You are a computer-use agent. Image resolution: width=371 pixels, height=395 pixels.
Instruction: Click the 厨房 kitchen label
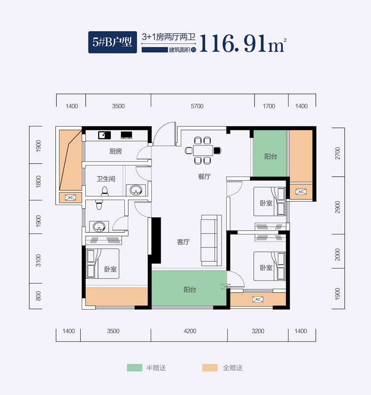(x=116, y=151)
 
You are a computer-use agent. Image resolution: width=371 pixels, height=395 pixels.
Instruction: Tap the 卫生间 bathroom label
(x=106, y=179)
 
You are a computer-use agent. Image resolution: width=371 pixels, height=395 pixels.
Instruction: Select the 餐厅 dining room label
(x=205, y=177)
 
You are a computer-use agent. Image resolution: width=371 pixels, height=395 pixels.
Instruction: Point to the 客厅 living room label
(x=184, y=242)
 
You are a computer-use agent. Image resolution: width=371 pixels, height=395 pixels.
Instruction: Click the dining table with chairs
(x=204, y=149)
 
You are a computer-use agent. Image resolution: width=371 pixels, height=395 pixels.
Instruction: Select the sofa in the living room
(x=211, y=240)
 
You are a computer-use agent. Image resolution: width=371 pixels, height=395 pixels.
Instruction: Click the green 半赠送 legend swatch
(x=134, y=368)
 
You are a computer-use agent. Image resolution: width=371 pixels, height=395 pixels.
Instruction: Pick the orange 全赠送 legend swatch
(x=210, y=368)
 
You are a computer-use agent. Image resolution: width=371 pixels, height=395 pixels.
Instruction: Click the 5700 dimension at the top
(x=196, y=106)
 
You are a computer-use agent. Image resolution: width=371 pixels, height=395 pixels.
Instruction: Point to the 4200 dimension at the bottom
(x=190, y=331)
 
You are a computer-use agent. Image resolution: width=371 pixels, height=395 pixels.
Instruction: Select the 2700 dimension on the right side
(x=338, y=153)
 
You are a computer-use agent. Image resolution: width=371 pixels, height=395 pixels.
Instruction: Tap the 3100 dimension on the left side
(x=39, y=260)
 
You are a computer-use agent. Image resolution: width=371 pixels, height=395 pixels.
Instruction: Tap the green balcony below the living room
(x=189, y=289)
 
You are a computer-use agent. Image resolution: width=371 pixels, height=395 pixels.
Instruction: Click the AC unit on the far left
(x=69, y=197)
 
